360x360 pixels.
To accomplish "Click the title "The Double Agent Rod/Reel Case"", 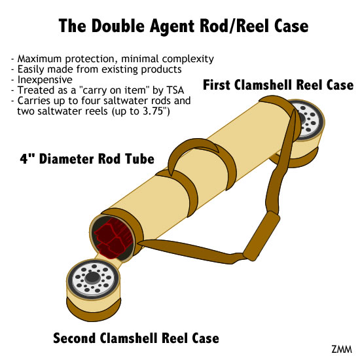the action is tap(183, 26).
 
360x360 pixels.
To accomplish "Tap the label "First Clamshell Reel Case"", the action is tap(278, 85).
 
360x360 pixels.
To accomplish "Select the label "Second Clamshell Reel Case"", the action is tap(136, 338).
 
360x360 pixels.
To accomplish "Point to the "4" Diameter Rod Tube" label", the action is tap(87, 159).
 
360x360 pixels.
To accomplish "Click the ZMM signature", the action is tap(342, 350).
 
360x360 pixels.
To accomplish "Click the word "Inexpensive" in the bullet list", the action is tap(45, 80).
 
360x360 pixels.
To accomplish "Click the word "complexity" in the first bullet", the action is tap(188, 59).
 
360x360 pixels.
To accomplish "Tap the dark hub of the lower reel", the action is tap(92, 278).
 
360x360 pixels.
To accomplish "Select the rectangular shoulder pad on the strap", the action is tap(262, 236).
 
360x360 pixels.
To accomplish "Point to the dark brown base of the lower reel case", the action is tap(94, 310).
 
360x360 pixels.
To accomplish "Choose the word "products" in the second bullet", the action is tap(162, 69).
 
